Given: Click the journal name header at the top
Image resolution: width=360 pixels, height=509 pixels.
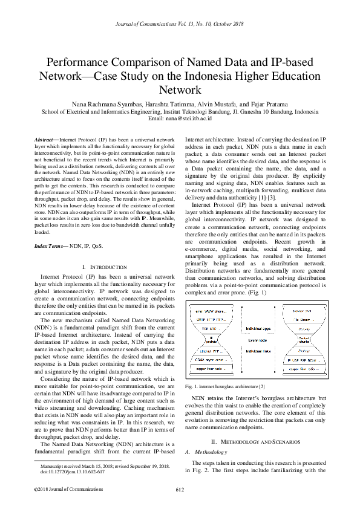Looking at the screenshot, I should click(180, 24).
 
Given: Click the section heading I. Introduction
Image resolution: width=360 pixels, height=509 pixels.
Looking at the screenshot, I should click(103, 267).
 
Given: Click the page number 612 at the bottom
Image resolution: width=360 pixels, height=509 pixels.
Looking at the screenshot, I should click(180, 488).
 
